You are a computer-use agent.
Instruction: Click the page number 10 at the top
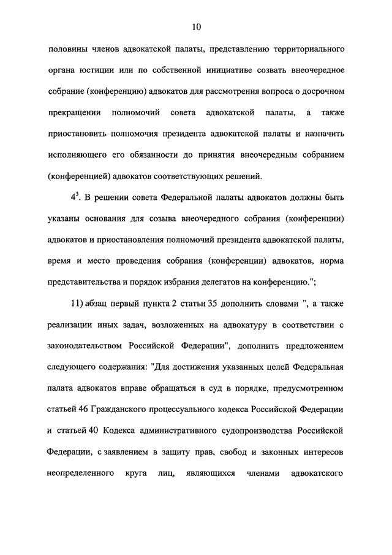tap(196, 26)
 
